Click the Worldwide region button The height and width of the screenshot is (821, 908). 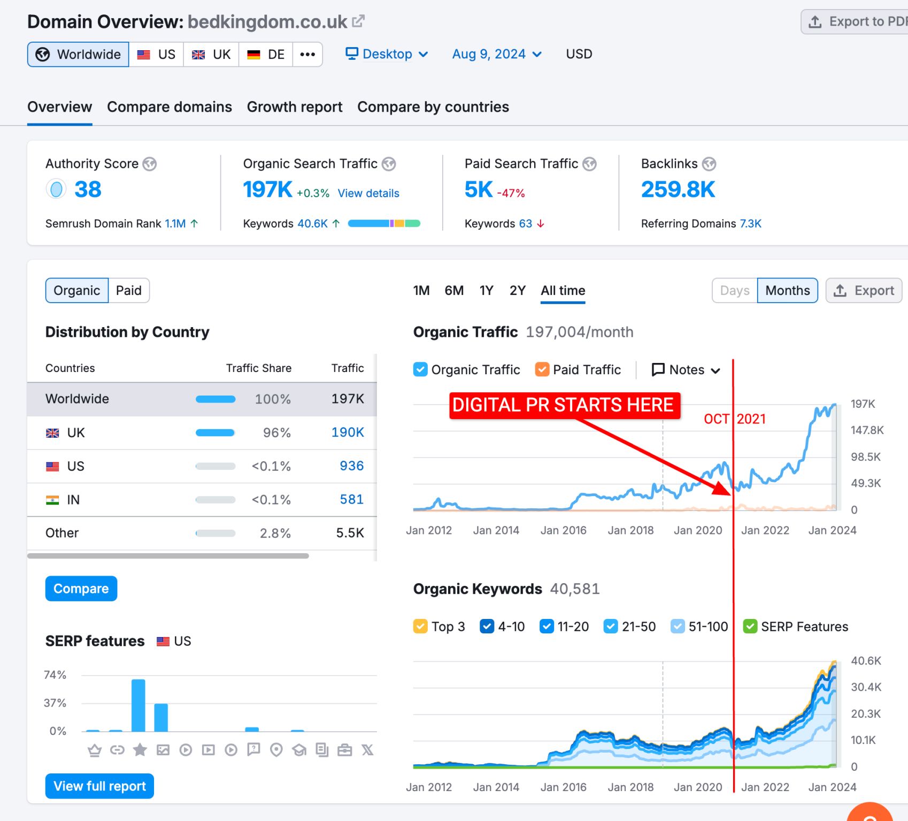click(78, 55)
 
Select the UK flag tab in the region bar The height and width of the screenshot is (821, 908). click(211, 55)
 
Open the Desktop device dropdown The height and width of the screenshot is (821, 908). click(387, 54)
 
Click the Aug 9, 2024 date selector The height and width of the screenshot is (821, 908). click(497, 54)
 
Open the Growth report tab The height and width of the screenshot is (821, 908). click(295, 107)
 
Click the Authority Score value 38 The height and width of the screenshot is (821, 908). click(88, 189)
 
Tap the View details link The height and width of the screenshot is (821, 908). click(368, 193)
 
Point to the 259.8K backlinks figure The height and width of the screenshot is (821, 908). click(678, 189)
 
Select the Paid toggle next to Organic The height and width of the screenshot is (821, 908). click(129, 290)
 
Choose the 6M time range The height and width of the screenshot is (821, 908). click(454, 290)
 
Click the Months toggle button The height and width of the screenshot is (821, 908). click(788, 290)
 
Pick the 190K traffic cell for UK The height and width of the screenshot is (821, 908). click(348, 432)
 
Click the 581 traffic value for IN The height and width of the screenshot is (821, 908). click(352, 499)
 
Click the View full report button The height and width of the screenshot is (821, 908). click(99, 786)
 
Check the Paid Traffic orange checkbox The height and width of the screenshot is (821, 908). click(542, 369)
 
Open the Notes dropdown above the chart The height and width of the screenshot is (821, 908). click(686, 369)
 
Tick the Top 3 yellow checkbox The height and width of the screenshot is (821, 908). click(420, 626)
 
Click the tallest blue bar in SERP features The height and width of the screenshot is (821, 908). click(138, 705)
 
